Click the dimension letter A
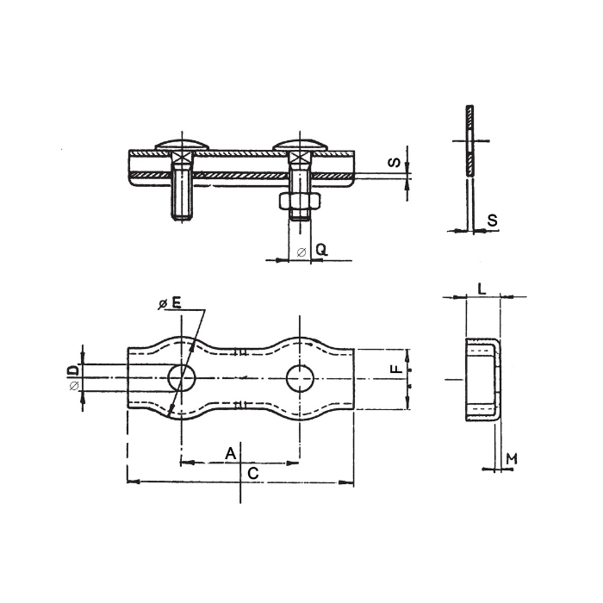(230, 452)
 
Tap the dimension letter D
(74, 370)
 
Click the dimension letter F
(395, 370)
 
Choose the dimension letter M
(511, 457)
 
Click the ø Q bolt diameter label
(314, 251)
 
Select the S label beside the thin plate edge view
(492, 221)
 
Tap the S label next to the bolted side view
(392, 161)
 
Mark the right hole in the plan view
(299, 377)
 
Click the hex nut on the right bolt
(299, 201)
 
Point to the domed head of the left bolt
(181, 145)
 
